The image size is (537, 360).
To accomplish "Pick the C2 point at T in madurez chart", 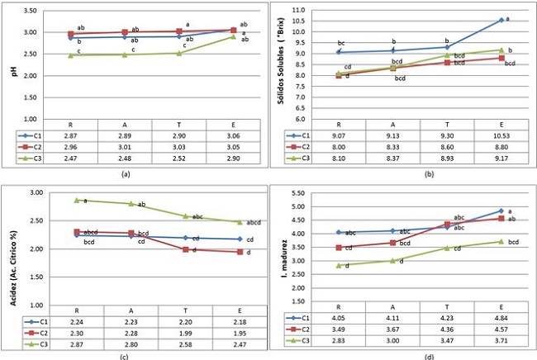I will point(448,224).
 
